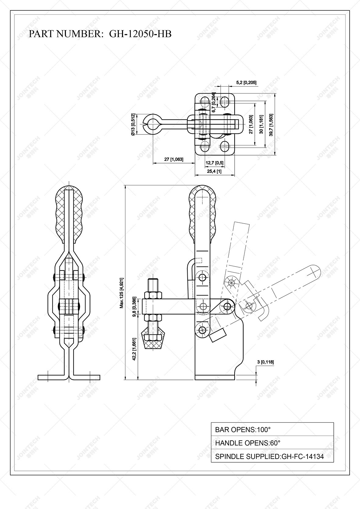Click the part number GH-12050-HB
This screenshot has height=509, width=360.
[x=140, y=34]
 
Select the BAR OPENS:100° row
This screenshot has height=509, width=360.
[x=272, y=429]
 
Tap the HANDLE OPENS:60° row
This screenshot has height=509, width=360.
[x=272, y=443]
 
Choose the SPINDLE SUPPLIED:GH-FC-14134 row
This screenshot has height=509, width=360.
[x=272, y=456]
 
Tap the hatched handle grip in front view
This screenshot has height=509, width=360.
[x=69, y=217]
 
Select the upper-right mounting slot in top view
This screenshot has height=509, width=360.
[x=225, y=101]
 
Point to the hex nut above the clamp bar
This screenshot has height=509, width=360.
[x=152, y=295]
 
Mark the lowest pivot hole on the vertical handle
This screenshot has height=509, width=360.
[x=202, y=330]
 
